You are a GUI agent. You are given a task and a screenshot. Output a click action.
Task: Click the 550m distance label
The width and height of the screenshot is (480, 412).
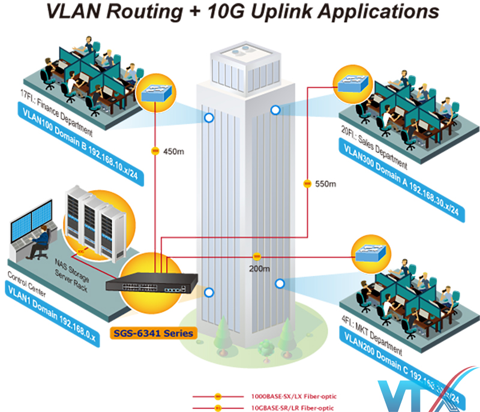[x=326, y=183]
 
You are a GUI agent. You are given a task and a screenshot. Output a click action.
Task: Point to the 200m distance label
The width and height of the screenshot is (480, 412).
[x=258, y=268]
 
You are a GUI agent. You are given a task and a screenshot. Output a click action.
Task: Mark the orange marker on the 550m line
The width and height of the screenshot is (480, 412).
[x=307, y=183]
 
